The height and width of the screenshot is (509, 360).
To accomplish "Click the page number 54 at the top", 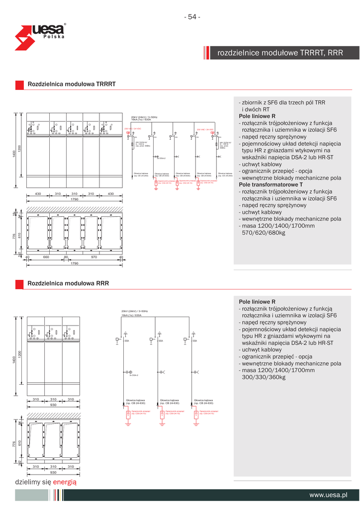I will tap(192, 17).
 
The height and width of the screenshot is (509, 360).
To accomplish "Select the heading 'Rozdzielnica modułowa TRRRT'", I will tap(72, 85).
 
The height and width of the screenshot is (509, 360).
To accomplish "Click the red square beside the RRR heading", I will tap(19, 284).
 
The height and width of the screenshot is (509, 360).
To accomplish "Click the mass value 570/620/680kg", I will tap(263, 232).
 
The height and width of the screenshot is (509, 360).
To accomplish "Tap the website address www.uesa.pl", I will tap(328, 495).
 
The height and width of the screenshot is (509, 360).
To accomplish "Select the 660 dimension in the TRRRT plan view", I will tap(46, 257).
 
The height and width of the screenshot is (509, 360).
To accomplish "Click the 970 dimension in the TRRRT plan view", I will tap(93, 257).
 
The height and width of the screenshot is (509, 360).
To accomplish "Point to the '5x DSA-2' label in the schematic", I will tap(161, 158).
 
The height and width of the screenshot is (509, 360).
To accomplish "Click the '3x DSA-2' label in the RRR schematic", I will tap(133, 375).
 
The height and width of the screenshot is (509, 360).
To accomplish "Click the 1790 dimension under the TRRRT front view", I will tap(74, 199).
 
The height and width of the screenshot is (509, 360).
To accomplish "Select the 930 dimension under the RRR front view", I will tap(52, 405).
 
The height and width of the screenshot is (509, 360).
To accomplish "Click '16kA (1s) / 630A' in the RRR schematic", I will tap(131, 315).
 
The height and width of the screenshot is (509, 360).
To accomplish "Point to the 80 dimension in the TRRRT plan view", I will tap(66, 257).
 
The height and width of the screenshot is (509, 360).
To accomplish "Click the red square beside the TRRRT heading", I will tap(19, 85).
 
